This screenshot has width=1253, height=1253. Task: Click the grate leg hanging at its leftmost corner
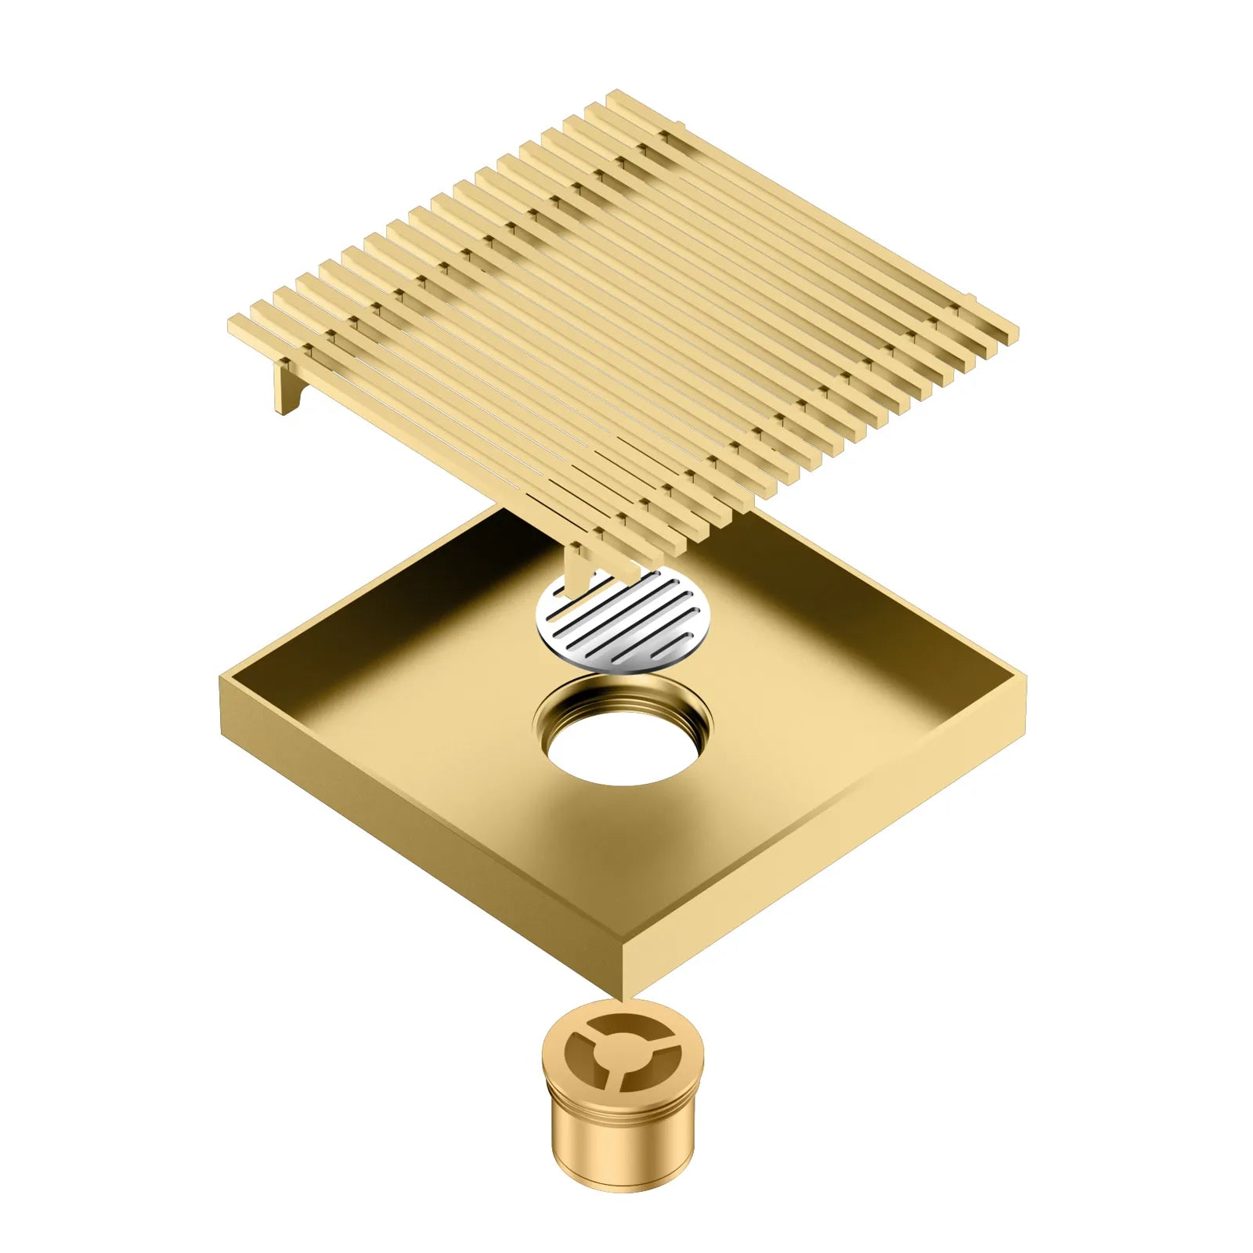pos(284,388)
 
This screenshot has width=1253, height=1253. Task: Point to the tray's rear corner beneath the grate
pos(501,509)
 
